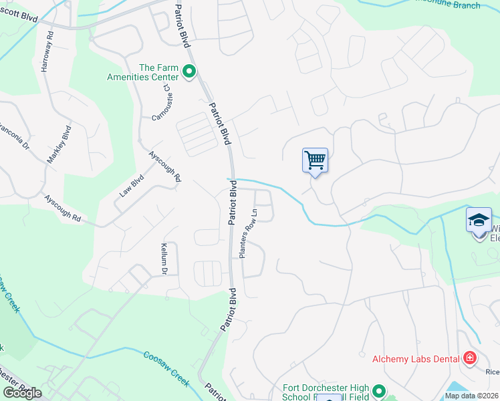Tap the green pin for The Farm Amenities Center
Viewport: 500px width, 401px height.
coord(189,71)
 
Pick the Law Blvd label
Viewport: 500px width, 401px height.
coord(132,186)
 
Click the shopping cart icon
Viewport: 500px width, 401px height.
coord(315,160)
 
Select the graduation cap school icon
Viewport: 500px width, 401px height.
coord(479,220)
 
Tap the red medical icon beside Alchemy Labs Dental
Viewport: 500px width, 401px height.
coord(470,359)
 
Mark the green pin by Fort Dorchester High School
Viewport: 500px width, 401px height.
coord(379,391)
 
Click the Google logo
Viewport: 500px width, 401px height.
coord(22,393)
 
